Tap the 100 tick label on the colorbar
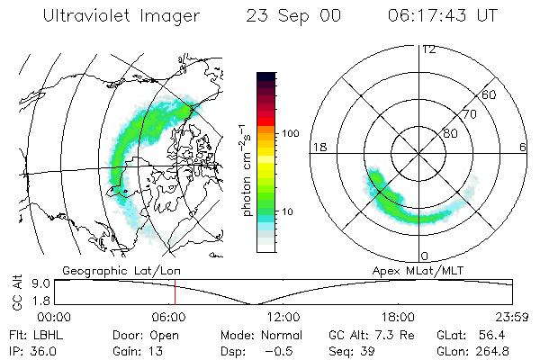coord(289,133)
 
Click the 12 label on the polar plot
coord(428,49)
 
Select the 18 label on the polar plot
coord(319,147)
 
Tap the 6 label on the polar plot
coord(523,147)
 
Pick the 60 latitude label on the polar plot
coord(490,94)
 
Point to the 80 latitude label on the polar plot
coord(450,133)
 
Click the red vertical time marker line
coord(175,292)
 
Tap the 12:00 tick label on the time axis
coord(283,317)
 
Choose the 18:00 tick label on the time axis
coord(398,317)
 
